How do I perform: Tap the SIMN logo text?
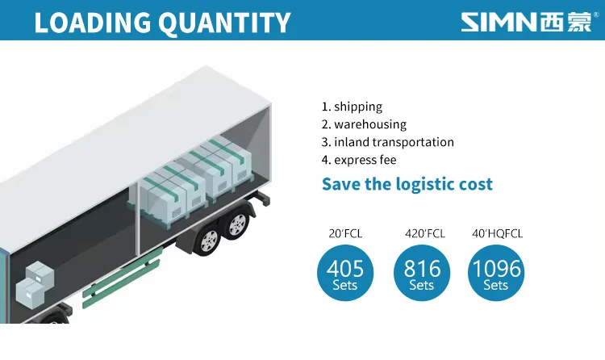[499, 22]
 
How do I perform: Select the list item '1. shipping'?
[352, 107]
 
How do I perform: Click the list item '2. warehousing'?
[364, 124]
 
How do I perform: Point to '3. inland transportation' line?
[387, 142]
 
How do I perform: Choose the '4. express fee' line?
[359, 160]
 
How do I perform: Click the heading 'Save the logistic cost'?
[407, 184]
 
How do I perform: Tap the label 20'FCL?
[345, 234]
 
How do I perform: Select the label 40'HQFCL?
[498, 234]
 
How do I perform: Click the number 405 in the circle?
[345, 268]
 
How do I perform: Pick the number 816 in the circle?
[422, 268]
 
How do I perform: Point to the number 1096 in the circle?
[496, 268]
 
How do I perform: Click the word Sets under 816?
[422, 285]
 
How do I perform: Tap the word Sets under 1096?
[496, 285]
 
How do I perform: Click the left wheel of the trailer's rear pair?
[208, 240]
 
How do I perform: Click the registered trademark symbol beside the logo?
[595, 15]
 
